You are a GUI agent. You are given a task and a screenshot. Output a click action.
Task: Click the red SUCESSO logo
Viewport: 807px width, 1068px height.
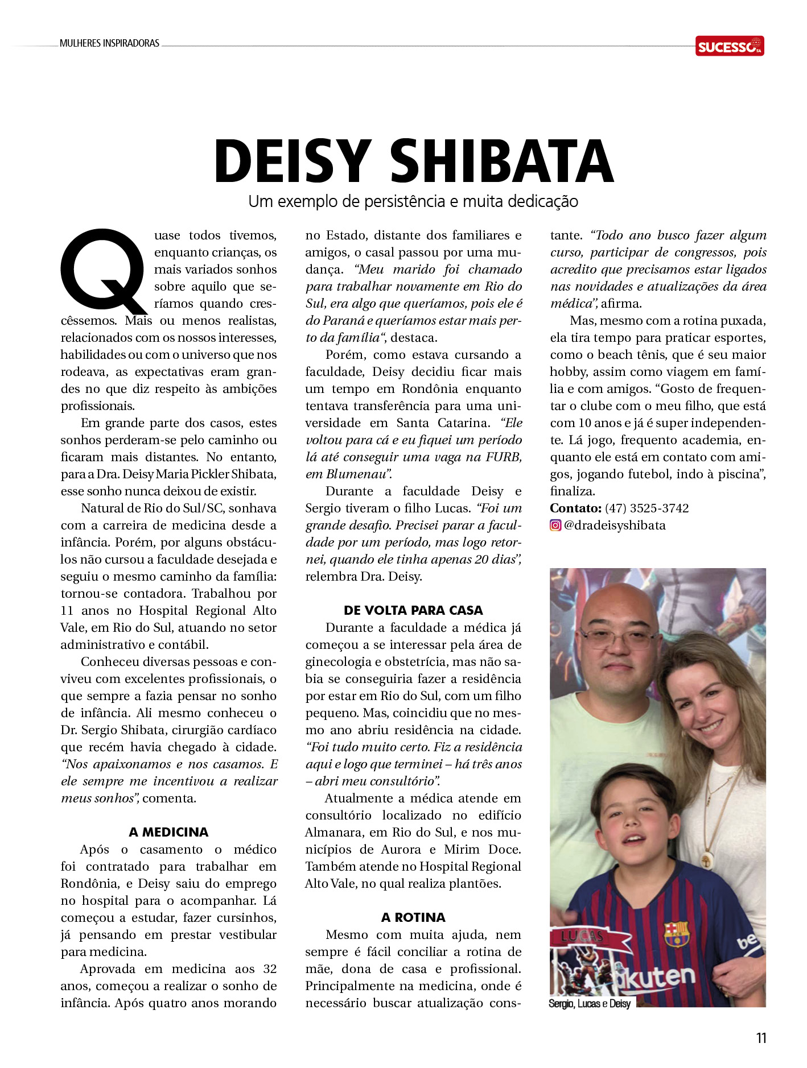pos(729,46)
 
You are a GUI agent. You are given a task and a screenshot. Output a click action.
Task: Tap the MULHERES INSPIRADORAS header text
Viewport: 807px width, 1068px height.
pos(109,43)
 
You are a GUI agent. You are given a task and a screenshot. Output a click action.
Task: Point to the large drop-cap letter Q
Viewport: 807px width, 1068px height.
pos(104,271)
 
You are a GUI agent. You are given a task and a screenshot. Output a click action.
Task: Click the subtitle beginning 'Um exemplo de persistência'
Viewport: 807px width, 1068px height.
pos(413,201)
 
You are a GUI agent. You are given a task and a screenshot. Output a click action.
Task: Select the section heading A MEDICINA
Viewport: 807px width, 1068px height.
pos(168,832)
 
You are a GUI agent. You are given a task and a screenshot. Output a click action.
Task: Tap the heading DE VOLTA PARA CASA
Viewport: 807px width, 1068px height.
pos(413,610)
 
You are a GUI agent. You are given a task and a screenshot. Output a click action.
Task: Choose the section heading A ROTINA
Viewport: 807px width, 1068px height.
pos(413,917)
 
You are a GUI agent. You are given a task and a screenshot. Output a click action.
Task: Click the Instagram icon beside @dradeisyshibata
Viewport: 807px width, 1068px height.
pos(555,525)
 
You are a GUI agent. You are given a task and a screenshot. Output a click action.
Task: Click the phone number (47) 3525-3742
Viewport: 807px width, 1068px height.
pos(647,508)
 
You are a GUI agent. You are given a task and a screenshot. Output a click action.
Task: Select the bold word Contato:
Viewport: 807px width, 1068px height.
pos(575,508)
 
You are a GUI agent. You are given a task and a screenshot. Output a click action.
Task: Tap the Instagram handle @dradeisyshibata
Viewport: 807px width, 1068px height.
pos(615,525)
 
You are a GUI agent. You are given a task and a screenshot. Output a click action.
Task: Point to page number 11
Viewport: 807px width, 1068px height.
pos(761,1038)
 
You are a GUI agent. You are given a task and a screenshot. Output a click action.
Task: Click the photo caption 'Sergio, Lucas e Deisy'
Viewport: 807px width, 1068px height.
pos(590,1004)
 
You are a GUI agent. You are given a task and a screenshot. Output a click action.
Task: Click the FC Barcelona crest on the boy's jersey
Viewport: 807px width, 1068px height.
pos(676,934)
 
